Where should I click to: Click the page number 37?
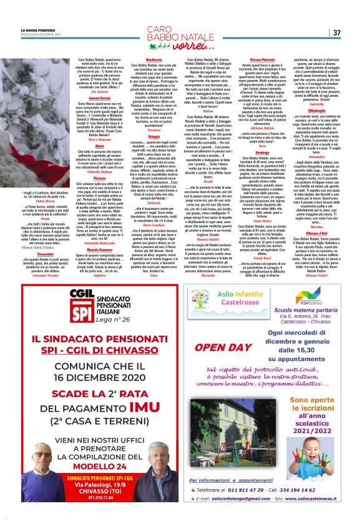point(336,32)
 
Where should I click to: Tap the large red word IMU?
point(139,391)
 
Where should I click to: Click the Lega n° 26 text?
point(95,319)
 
